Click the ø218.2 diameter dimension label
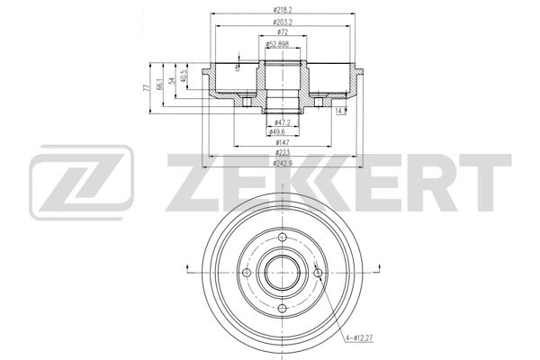(285, 11)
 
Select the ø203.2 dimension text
(285, 22)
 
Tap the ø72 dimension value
(283, 32)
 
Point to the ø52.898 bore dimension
(283, 43)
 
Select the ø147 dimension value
(283, 142)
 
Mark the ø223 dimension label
(283, 153)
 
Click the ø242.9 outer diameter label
(283, 164)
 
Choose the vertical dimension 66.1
(159, 84)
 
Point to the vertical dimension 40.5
(184, 76)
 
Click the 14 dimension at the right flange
(339, 111)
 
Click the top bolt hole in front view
(283, 238)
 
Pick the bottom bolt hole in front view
(283, 309)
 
